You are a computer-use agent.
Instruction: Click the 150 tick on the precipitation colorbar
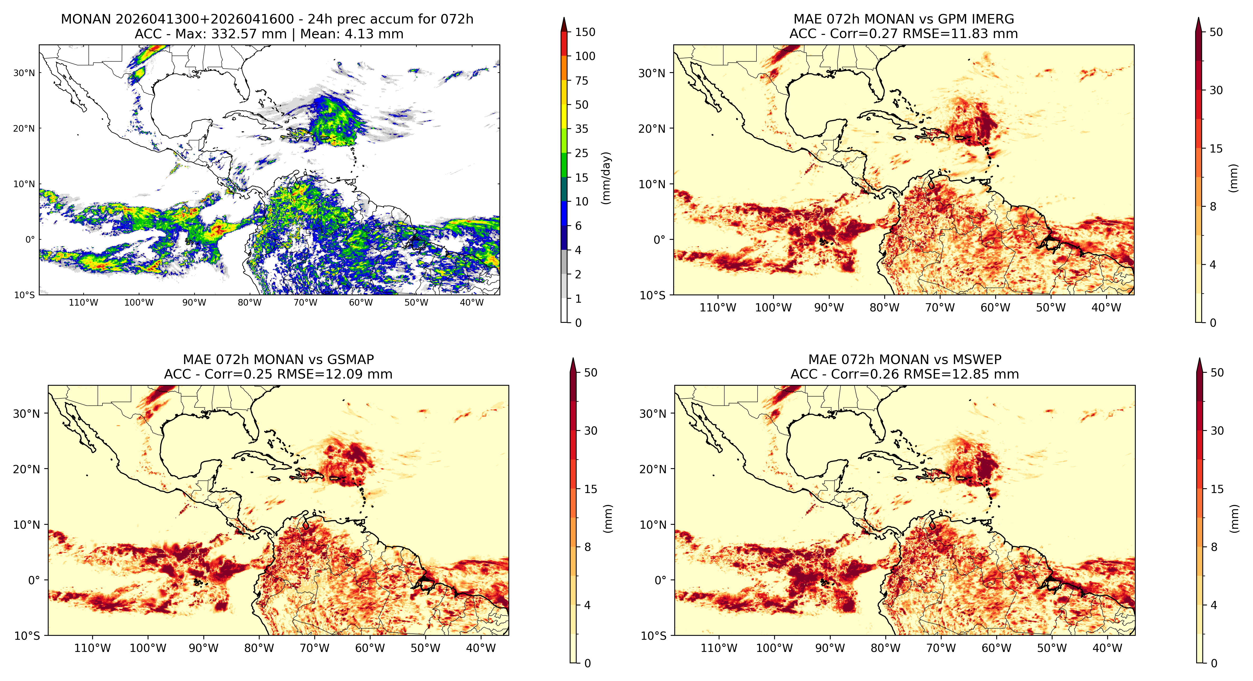coord(585,32)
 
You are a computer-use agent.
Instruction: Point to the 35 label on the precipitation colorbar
coord(582,129)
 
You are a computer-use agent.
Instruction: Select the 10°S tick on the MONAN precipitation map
coord(24,295)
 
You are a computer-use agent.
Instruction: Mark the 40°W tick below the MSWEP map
coord(1107,648)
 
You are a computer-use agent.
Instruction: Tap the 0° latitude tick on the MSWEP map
coord(660,580)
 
